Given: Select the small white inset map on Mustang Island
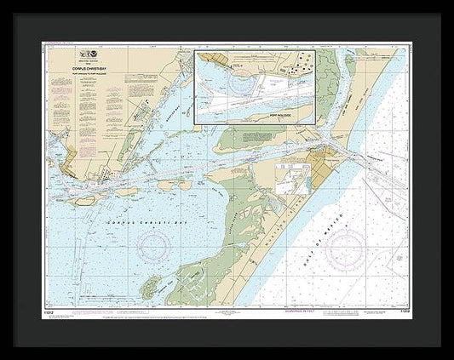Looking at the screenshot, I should pyautogui.click(x=290, y=179).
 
